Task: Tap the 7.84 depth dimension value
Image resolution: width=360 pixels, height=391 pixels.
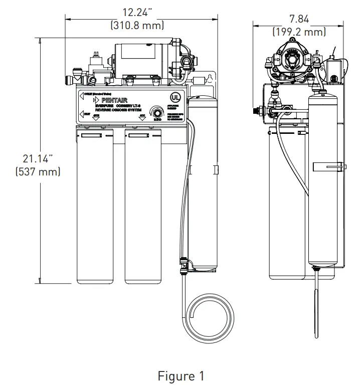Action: click(299, 19)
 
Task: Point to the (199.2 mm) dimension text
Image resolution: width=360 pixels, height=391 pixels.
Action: click(299, 32)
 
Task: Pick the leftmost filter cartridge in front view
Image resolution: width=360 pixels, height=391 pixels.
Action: click(96, 206)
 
